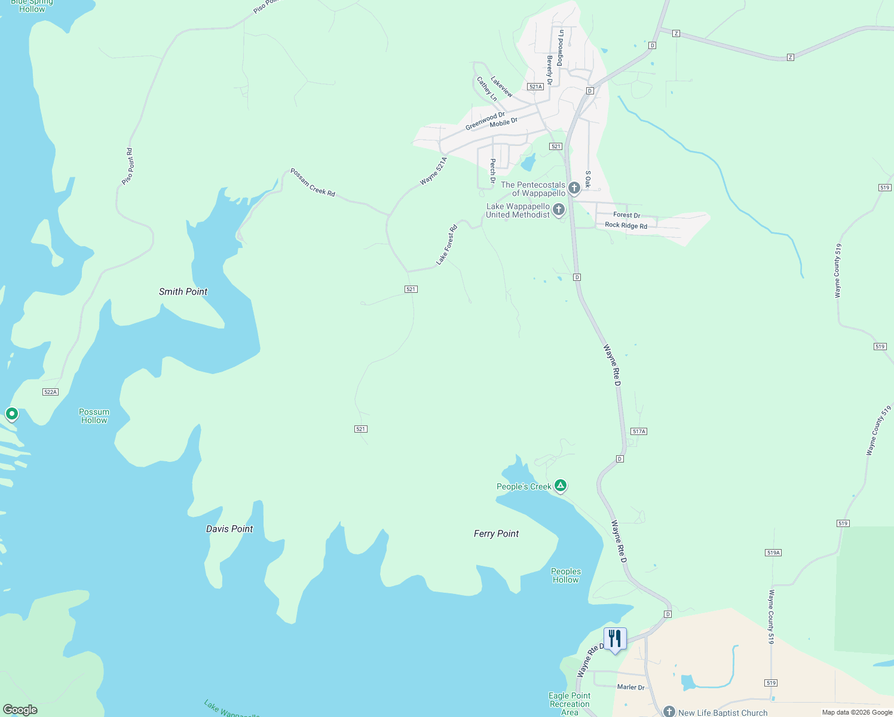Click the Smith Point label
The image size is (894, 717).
pyautogui.click(x=183, y=292)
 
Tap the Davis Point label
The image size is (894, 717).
pyautogui.click(x=229, y=529)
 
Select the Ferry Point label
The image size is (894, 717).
pyautogui.click(x=496, y=534)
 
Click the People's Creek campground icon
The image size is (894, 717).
pyautogui.click(x=561, y=485)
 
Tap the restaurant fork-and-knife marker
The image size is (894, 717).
pyautogui.click(x=615, y=639)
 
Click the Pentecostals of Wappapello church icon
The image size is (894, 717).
pyautogui.click(x=574, y=188)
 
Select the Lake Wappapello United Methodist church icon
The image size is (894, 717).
pyautogui.click(x=559, y=209)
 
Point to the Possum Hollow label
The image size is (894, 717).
pyautogui.click(x=94, y=416)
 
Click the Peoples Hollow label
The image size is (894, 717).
pyautogui.click(x=566, y=575)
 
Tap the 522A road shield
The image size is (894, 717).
pyautogui.click(x=50, y=392)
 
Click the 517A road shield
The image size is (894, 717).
pyautogui.click(x=639, y=431)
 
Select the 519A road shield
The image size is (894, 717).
pyautogui.click(x=773, y=553)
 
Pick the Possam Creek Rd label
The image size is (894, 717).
pyautogui.click(x=313, y=182)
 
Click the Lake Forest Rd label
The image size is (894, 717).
pyautogui.click(x=446, y=244)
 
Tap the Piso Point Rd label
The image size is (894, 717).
pyautogui.click(x=127, y=167)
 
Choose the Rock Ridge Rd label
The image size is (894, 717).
pyautogui.click(x=626, y=225)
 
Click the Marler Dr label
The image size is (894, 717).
pyautogui.click(x=630, y=687)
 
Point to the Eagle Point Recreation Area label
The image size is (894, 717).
pyautogui.click(x=570, y=704)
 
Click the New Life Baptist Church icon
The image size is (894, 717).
pyautogui.click(x=669, y=712)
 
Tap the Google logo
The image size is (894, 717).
pyautogui.click(x=20, y=710)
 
